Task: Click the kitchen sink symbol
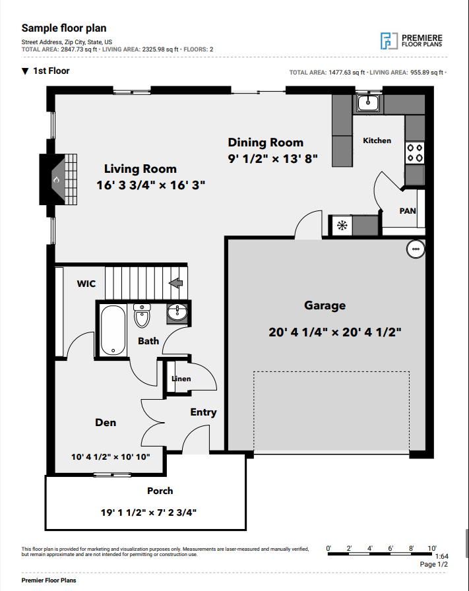pyautogui.click(x=368, y=102)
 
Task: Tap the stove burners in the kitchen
pyautogui.click(x=414, y=152)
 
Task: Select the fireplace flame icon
pyautogui.click(x=56, y=180)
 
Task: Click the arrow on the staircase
pyautogui.click(x=175, y=283)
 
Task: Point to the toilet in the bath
pyautogui.click(x=142, y=315)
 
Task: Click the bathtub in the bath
pyautogui.click(x=113, y=330)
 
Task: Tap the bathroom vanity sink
pyautogui.click(x=177, y=313)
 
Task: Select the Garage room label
pyautogui.click(x=325, y=305)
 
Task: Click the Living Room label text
pyautogui.click(x=141, y=169)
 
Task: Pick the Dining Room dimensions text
pyautogui.click(x=272, y=159)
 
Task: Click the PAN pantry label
pyautogui.click(x=408, y=210)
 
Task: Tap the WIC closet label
pyautogui.click(x=86, y=284)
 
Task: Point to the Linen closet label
pyautogui.click(x=181, y=379)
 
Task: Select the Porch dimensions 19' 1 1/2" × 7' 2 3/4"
pyautogui.click(x=148, y=513)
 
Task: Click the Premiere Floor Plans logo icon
pyautogui.click(x=389, y=41)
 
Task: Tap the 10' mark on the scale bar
pyautogui.click(x=432, y=548)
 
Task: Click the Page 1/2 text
pyautogui.click(x=434, y=564)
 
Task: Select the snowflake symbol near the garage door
pyautogui.click(x=342, y=226)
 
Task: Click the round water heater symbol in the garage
pyautogui.click(x=416, y=249)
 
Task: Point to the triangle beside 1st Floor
pyautogui.click(x=25, y=71)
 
